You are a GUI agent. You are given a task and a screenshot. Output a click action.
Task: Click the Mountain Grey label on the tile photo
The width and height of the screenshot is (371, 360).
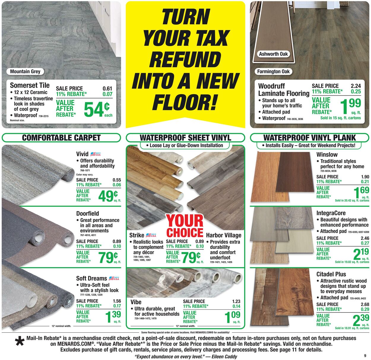tap(25, 71)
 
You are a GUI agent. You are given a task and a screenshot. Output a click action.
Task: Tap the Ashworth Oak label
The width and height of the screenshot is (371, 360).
tap(273, 54)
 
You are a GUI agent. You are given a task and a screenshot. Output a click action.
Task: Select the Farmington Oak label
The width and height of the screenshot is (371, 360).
tap(273, 71)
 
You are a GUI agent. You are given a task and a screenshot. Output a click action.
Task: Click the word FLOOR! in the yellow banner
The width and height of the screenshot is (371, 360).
tap(185, 102)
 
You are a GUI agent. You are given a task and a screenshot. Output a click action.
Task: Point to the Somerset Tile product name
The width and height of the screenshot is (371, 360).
tap(30, 85)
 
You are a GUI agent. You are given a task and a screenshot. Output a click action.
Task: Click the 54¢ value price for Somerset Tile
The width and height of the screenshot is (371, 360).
tap(97, 109)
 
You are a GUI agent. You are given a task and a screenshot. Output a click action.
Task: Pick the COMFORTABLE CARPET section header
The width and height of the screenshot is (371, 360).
tap(61, 138)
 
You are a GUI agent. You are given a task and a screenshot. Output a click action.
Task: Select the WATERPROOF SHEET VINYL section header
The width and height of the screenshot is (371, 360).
tap(185, 138)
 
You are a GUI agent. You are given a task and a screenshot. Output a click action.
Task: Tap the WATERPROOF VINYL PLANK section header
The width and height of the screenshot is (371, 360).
tap(310, 138)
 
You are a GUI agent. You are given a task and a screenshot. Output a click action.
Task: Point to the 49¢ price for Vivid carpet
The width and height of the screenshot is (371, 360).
tap(108, 196)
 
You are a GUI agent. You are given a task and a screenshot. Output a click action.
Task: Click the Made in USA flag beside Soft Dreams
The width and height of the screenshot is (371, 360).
tap(114, 278)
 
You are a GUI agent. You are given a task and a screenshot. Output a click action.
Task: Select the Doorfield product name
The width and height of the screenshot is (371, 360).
tap(88, 214)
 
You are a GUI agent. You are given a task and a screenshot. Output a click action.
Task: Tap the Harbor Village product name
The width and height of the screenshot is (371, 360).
tap(223, 235)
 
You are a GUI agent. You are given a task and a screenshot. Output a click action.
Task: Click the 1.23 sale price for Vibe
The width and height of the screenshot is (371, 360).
tap(236, 301)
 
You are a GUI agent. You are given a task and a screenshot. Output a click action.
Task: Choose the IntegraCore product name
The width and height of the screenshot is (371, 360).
tap(331, 213)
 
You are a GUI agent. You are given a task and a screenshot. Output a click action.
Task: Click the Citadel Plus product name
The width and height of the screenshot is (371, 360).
tap(331, 274)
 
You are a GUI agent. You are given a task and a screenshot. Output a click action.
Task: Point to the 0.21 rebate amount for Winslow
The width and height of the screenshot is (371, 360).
tap(365, 181)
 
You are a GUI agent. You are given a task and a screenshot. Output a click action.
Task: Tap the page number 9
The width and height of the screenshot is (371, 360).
tap(365, 356)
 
